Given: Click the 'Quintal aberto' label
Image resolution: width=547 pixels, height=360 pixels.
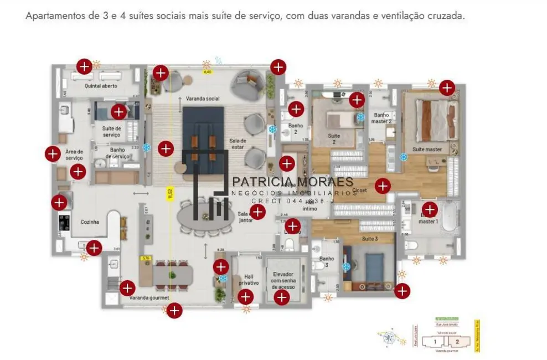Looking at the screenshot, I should [x=101, y=86].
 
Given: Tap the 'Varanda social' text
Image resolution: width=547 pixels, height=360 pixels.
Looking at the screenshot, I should [x=203, y=99].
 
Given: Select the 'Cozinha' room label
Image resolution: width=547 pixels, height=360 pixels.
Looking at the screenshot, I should [x=90, y=222].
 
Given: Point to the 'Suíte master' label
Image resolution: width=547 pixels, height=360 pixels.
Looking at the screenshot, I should [x=427, y=149].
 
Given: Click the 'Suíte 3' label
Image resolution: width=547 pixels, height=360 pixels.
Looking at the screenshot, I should [x=369, y=239].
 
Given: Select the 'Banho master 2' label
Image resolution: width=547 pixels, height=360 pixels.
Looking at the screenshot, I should [x=381, y=119].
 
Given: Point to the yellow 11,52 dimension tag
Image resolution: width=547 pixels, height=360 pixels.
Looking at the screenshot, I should [x=171, y=193].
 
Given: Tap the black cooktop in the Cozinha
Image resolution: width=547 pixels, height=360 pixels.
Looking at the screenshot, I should [x=64, y=222].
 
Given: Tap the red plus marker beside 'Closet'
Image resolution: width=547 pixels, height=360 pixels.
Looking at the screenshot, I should [x=383, y=186].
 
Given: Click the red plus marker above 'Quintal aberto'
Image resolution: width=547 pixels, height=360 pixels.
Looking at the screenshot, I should [x=84, y=67].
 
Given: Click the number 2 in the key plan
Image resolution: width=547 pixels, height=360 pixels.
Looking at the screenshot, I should [x=457, y=342].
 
